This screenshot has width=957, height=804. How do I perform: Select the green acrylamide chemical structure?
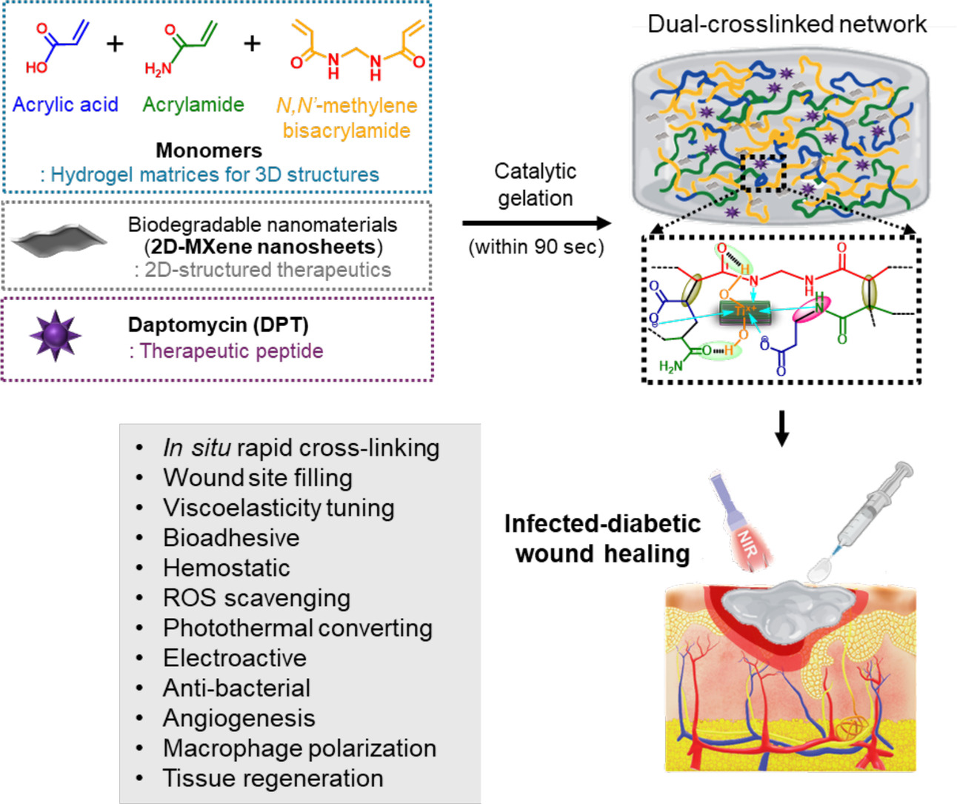(181, 49)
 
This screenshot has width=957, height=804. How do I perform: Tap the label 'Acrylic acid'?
(65, 104)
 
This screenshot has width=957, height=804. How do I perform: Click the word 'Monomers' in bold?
(209, 150)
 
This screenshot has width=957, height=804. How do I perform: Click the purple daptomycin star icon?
(55, 336)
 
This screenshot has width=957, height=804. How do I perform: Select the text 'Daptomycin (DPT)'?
(218, 325)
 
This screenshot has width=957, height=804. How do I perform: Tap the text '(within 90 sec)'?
(536, 247)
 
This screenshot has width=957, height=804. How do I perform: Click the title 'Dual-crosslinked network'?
(787, 24)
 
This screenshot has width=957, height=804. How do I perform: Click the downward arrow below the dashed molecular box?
(781, 429)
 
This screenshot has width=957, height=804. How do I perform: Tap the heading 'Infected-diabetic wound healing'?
(602, 539)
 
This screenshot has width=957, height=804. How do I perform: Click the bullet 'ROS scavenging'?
(256, 598)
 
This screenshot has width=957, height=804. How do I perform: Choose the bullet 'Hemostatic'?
(226, 568)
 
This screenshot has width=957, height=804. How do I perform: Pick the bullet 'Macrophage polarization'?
(299, 748)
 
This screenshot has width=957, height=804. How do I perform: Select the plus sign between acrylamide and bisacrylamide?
(252, 44)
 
